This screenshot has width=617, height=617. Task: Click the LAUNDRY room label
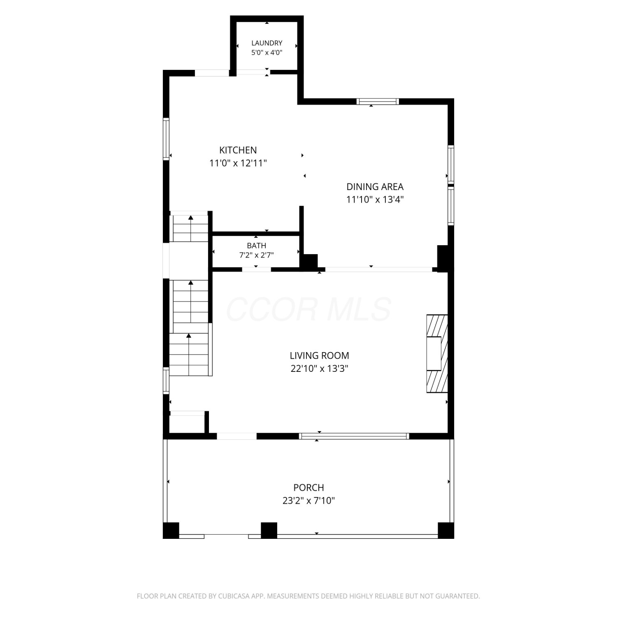point(267,43)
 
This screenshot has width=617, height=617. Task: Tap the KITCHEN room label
point(238,150)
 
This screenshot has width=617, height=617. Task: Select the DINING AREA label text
point(375,187)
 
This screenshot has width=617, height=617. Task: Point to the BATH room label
point(256,246)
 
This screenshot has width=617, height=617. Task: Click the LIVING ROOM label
point(319,355)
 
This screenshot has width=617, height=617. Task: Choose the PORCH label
point(308,488)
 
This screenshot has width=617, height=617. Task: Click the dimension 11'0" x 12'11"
point(238,163)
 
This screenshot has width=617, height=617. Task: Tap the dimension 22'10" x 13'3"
point(319,369)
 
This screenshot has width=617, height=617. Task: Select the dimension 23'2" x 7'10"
point(308,501)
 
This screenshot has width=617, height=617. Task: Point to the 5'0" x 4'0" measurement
point(267,53)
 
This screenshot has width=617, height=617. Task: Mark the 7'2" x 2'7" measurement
point(256,255)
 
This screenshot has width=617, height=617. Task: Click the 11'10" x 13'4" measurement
point(375,199)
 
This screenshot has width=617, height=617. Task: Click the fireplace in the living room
point(437,354)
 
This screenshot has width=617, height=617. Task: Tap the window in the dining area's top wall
point(378,102)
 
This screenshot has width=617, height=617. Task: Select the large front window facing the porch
point(354,436)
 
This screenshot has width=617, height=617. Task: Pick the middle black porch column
point(269,530)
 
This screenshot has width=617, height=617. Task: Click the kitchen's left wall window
point(166,139)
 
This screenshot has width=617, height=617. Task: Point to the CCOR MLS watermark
point(308,309)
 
